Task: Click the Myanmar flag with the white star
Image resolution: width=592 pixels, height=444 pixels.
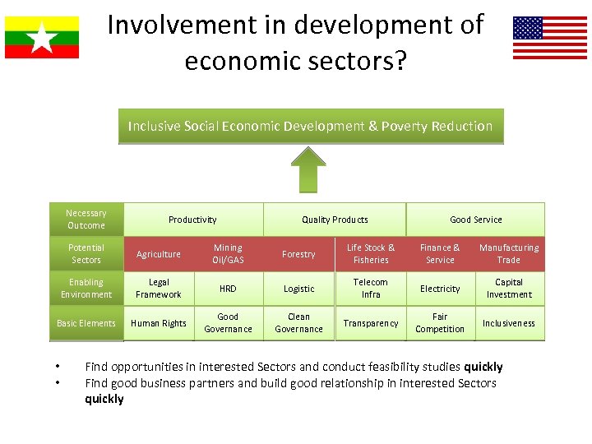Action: point(42,37)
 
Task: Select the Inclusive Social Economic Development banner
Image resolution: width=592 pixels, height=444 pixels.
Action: point(310,127)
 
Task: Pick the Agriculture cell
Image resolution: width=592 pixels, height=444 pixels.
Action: point(159,254)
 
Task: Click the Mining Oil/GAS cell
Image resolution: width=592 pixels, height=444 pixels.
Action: point(228,254)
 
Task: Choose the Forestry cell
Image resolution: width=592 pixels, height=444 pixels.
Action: point(298,254)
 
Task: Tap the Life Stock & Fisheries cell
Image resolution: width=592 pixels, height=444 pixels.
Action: point(371,254)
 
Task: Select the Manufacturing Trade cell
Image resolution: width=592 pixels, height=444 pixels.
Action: point(509,254)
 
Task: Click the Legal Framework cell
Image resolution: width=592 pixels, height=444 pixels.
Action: point(159,289)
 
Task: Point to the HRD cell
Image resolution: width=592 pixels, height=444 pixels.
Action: point(228,289)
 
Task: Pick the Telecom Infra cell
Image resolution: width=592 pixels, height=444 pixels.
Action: point(371,289)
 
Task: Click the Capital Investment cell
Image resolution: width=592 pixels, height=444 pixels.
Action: point(509,289)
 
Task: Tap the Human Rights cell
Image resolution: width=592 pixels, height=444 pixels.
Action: point(159,323)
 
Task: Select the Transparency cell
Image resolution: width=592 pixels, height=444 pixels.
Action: point(371,323)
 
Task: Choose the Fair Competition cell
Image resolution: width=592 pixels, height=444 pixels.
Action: point(440,323)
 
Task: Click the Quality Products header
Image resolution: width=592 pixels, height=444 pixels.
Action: point(335,220)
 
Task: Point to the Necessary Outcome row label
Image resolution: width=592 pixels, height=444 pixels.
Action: point(86,220)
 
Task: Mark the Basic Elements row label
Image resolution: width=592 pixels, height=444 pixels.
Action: point(86,323)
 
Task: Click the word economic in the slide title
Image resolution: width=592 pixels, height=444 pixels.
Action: point(234,61)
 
